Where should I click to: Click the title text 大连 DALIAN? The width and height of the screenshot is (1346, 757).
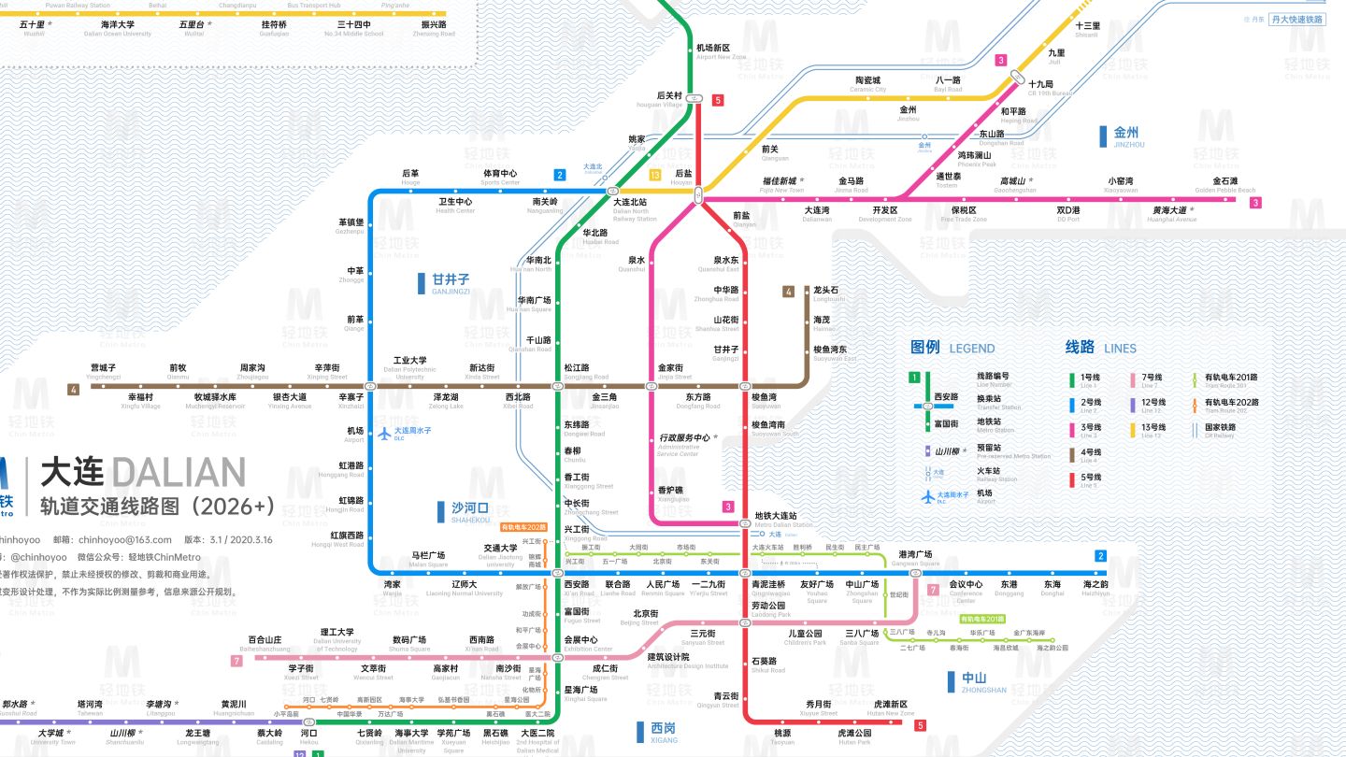pos(143,473)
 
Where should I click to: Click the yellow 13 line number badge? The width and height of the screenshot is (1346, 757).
pos(655,175)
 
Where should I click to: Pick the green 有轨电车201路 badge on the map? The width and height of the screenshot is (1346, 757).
pos(982,619)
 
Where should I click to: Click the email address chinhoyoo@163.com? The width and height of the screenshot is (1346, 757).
pos(125,539)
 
